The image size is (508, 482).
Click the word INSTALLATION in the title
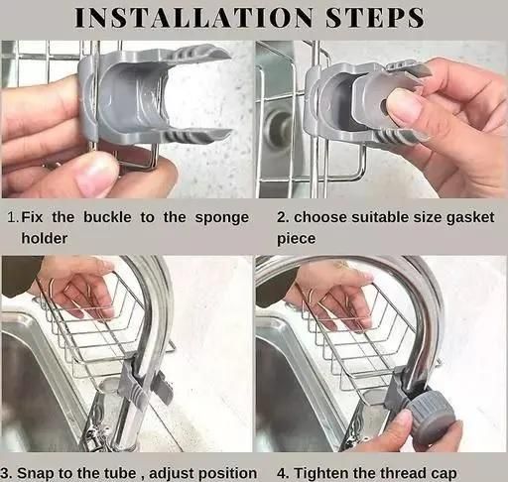[193, 18]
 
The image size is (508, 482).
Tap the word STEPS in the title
[375, 18]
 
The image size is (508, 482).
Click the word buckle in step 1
[107, 217]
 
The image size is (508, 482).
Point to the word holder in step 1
[45, 238]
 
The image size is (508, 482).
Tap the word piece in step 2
[296, 239]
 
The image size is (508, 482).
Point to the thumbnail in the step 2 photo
[404, 110]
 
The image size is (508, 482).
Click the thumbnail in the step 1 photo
[96, 174]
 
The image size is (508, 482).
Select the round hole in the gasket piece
[384, 106]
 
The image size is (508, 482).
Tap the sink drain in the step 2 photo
[277, 127]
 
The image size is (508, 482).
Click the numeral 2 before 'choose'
[282, 218]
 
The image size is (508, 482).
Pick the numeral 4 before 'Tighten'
[282, 473]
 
